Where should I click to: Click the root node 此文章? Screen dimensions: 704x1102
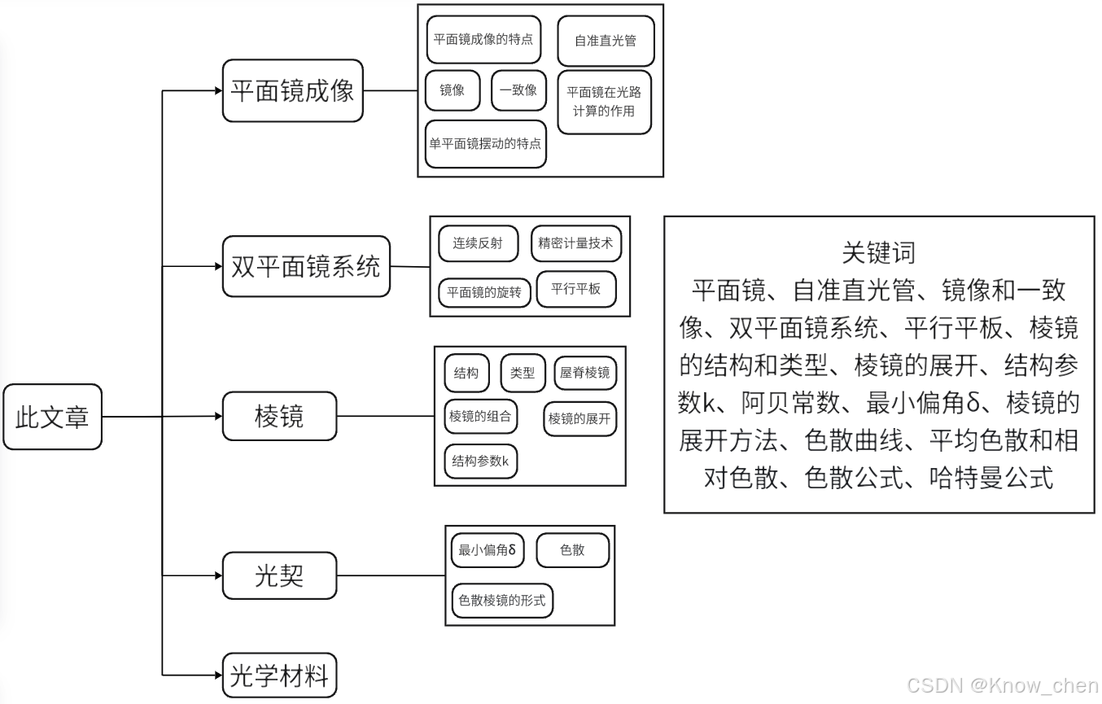(x=52, y=417)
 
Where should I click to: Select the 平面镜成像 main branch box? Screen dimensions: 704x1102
(x=292, y=90)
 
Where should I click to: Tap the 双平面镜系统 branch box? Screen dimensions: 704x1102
(x=306, y=267)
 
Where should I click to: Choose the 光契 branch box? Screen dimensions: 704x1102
(x=279, y=575)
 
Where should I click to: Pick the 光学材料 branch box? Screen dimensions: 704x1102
(x=279, y=676)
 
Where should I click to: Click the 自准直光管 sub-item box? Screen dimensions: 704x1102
(x=606, y=41)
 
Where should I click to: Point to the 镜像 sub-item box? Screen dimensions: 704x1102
(x=453, y=90)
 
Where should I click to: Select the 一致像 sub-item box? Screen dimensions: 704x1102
(x=518, y=90)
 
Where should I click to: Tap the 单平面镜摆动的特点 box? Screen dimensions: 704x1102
(x=485, y=144)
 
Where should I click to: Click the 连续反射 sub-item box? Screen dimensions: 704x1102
(x=478, y=243)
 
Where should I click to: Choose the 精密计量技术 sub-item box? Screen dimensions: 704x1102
(x=575, y=243)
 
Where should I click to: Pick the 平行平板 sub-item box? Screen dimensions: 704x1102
(x=576, y=289)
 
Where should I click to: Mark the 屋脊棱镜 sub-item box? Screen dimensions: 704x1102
(x=584, y=373)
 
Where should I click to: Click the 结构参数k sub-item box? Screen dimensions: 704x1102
(x=480, y=461)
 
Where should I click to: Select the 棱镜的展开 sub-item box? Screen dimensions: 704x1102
(x=579, y=419)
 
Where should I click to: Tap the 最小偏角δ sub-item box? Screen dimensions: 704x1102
(x=488, y=550)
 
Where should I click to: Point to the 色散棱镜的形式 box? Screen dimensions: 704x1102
(x=502, y=601)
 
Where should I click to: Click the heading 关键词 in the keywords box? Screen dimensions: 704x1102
(x=878, y=252)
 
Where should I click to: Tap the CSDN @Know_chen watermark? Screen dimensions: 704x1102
(x=1002, y=685)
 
